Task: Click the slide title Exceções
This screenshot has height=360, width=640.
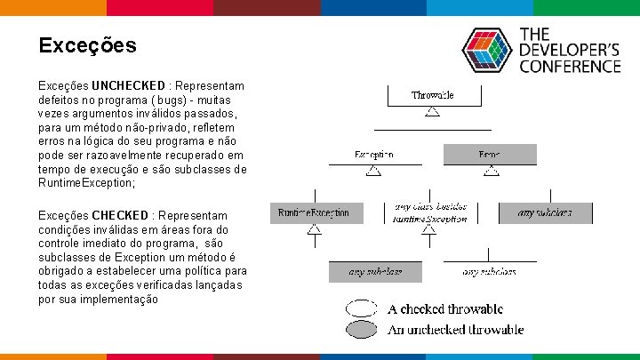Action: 87,45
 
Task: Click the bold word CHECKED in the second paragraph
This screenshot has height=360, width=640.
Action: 120,216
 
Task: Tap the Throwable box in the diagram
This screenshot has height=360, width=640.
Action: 432,95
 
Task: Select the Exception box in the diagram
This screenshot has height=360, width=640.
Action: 374,155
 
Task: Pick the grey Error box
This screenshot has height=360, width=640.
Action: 490,155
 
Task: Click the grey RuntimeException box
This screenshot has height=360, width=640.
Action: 314,213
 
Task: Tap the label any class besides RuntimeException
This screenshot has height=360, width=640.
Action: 429,212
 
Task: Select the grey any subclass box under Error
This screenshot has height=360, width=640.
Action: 545,213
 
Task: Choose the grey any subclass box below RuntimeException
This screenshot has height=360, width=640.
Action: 375,271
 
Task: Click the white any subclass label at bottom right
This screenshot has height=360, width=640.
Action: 490,271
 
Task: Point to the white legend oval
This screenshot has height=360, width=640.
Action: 362,309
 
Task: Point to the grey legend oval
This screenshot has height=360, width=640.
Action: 362,330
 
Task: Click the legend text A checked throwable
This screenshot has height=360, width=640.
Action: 445,309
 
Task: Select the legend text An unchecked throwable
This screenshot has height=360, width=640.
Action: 455,330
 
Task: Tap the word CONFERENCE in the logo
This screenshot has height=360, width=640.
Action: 570,66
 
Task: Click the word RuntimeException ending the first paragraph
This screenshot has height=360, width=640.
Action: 86,183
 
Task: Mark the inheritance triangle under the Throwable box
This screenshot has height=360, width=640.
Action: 432,112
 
